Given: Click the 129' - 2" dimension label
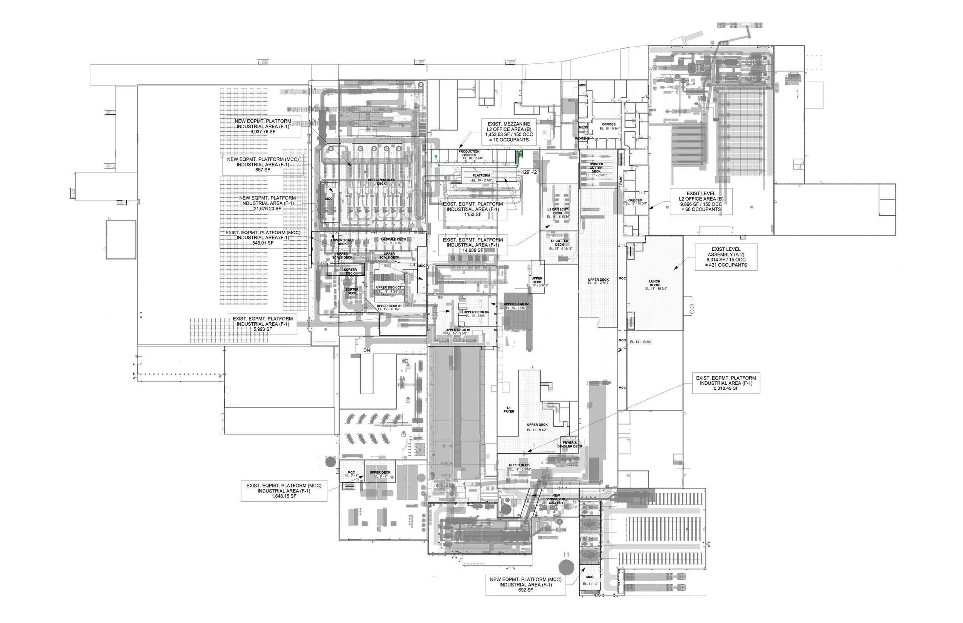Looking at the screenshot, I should [530, 172].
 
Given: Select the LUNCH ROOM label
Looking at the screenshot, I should [654, 283].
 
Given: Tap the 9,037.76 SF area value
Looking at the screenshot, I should [263, 131].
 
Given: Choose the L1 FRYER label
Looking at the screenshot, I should [508, 409].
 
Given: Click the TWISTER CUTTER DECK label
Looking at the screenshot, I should [596, 168].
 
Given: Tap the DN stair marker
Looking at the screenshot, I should [367, 350].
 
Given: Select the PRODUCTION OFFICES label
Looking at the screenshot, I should [469, 153].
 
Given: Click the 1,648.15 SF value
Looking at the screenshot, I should [284, 496].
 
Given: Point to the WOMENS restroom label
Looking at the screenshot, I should [582, 138].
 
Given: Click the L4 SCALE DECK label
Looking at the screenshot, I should [393, 239].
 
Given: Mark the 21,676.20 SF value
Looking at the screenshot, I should [267, 208].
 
